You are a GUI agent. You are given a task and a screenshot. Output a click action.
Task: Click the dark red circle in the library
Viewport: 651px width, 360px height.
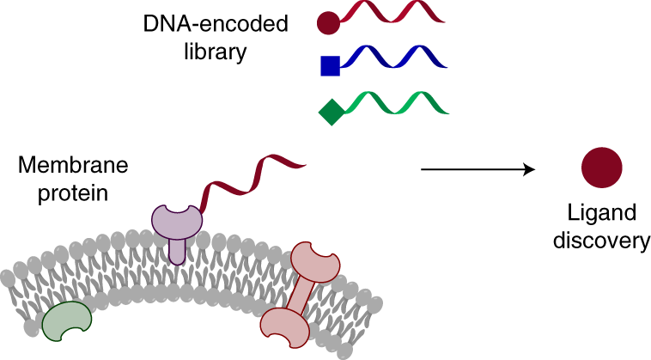click(x=328, y=22)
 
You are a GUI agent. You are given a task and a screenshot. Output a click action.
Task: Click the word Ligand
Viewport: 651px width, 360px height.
click(x=601, y=213)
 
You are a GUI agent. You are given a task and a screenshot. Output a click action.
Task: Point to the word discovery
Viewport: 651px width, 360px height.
click(x=601, y=241)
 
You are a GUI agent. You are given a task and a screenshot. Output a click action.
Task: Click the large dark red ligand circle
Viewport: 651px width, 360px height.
click(x=601, y=168)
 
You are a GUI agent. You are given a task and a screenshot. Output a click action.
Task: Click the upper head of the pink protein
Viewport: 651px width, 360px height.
click(x=314, y=259)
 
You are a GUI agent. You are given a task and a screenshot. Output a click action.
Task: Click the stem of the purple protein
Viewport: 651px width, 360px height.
click(x=176, y=251)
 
